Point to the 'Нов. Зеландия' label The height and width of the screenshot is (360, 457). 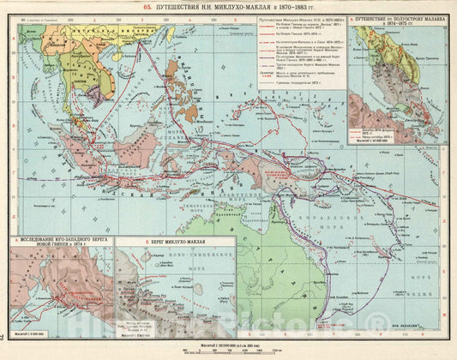(x=421, y=327)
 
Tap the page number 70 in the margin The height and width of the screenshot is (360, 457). (x=4, y=339)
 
